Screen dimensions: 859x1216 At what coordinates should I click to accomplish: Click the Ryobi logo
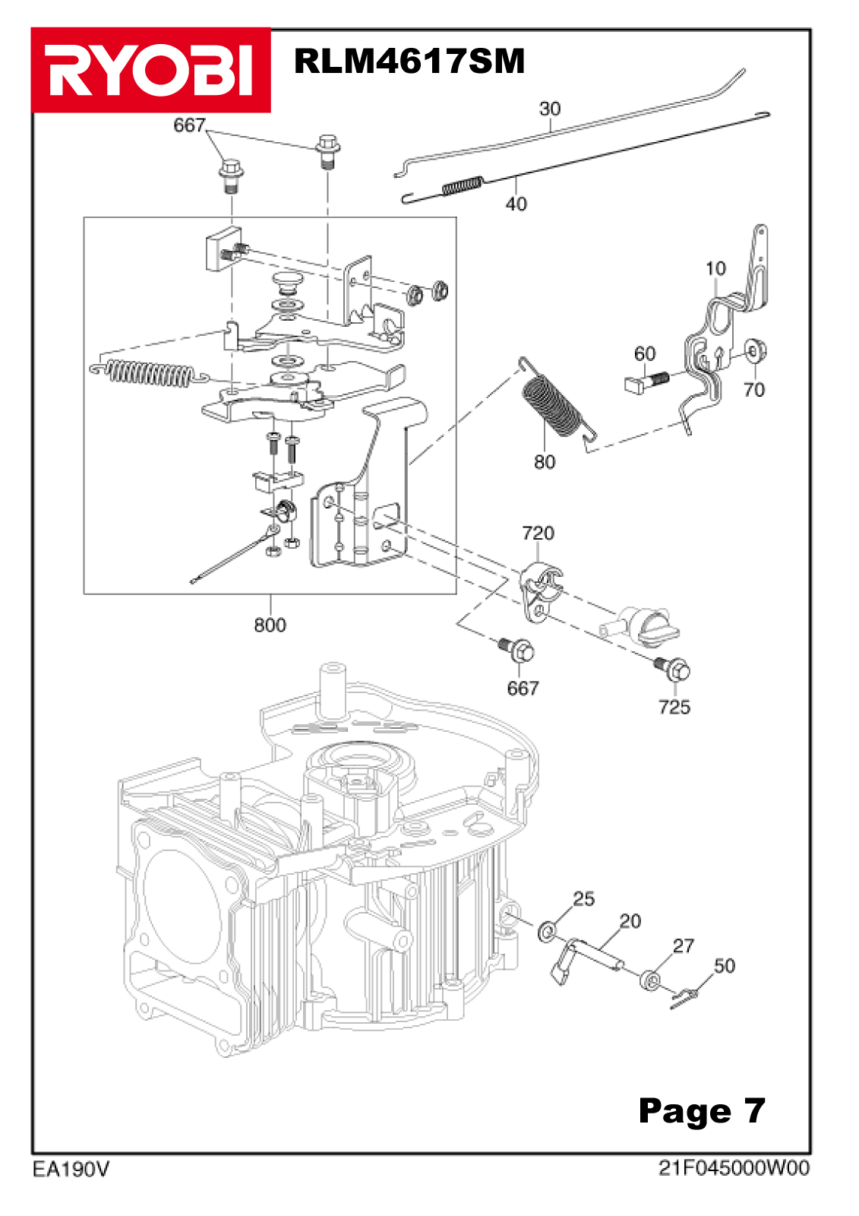point(151,70)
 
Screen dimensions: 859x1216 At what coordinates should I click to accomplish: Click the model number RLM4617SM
point(409,61)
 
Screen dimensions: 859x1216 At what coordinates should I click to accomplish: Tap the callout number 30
point(550,109)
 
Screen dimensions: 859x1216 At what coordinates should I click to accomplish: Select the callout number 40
point(516,204)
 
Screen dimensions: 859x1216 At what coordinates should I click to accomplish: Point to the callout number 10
point(715,268)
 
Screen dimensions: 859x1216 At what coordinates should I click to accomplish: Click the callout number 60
point(645,354)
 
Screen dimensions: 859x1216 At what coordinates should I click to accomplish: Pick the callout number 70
point(753,389)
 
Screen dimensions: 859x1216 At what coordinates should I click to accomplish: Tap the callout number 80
point(545,462)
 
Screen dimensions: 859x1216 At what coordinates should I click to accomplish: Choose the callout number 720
point(538,533)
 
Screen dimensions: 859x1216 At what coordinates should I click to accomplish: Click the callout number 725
point(674,707)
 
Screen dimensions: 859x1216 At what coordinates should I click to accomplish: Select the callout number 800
point(270,625)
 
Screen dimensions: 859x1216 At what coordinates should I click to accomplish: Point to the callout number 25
point(583,898)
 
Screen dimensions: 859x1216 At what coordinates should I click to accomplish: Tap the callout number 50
point(725,965)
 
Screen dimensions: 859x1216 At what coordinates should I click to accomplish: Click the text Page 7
point(702,1110)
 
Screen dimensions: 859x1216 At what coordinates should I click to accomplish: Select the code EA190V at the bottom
point(71,1170)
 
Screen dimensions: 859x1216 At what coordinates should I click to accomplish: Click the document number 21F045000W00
point(734,1167)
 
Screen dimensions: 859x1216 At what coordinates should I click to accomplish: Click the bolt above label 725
point(674,670)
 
